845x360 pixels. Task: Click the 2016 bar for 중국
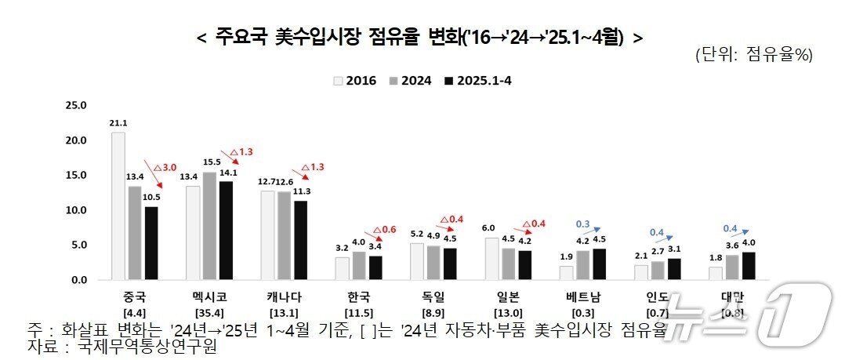point(118,205)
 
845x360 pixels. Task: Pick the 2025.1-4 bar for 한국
point(375,267)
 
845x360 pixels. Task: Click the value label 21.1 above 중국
point(118,122)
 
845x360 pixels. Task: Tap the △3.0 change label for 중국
point(166,168)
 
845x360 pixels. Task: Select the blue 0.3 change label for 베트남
point(582,224)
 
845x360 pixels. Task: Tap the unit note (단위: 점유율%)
point(753,56)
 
